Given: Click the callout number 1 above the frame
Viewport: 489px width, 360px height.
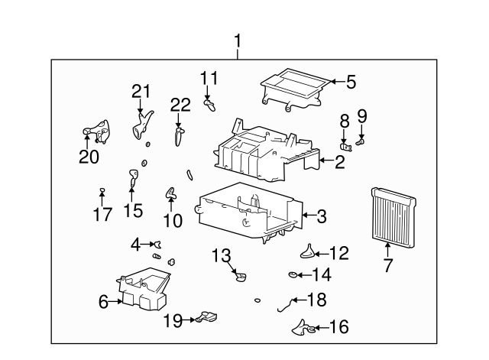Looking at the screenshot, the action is click(x=238, y=41).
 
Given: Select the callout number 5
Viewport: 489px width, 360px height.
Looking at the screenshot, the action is click(x=351, y=82).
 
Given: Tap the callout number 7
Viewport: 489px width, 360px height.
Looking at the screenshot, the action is click(x=387, y=265).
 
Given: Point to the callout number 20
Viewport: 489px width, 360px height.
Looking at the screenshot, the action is click(x=89, y=157).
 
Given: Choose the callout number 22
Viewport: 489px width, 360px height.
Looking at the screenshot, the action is click(x=180, y=105).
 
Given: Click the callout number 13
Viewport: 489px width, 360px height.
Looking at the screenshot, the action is click(x=221, y=255).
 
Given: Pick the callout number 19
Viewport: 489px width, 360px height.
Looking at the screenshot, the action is click(x=173, y=320).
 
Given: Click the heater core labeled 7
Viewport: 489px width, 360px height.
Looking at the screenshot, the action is click(x=393, y=217).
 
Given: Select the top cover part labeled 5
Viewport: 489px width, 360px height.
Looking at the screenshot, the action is click(x=295, y=89).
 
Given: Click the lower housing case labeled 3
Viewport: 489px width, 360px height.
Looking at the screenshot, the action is click(x=250, y=212).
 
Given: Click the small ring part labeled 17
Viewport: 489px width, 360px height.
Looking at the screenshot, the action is click(x=102, y=190).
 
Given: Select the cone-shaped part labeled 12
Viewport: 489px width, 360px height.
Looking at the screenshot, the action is click(x=308, y=251).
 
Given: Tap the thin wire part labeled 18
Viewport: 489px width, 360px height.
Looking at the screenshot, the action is click(x=285, y=305).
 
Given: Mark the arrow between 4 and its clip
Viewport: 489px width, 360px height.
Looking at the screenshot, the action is click(x=148, y=244).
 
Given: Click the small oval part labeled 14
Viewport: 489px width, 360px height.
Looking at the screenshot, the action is click(x=293, y=274).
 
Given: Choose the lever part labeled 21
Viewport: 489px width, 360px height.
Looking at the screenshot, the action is click(x=141, y=125).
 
